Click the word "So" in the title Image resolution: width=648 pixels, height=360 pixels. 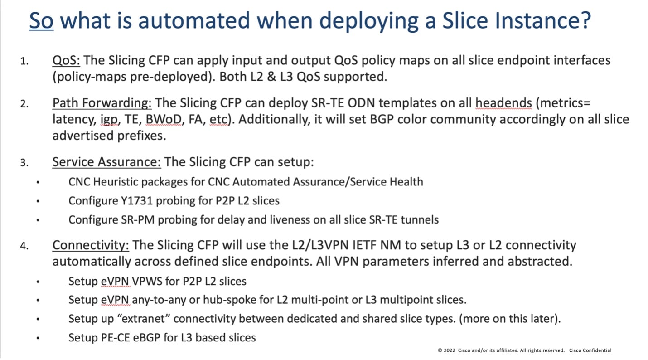(x=41, y=20)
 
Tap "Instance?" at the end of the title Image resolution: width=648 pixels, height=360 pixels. (x=543, y=20)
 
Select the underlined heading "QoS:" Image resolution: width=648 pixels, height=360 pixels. (x=66, y=60)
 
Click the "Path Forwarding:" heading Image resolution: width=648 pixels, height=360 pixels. (x=102, y=103)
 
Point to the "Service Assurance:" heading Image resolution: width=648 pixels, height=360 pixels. (x=106, y=162)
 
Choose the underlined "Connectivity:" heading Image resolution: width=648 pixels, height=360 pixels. (x=91, y=245)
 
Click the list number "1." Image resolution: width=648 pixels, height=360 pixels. (x=24, y=61)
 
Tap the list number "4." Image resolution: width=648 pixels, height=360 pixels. (x=24, y=246)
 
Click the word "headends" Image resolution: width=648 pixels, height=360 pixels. (x=503, y=103)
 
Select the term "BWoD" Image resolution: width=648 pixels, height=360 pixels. (x=164, y=119)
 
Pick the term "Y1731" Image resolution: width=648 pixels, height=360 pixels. (x=136, y=201)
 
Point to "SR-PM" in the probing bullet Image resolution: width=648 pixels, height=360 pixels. (x=138, y=220)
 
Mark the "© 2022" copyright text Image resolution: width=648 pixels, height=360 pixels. (x=446, y=350)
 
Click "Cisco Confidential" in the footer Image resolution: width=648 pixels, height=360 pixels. (x=590, y=350)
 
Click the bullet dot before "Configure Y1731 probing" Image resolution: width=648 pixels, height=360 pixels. (x=38, y=201)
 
